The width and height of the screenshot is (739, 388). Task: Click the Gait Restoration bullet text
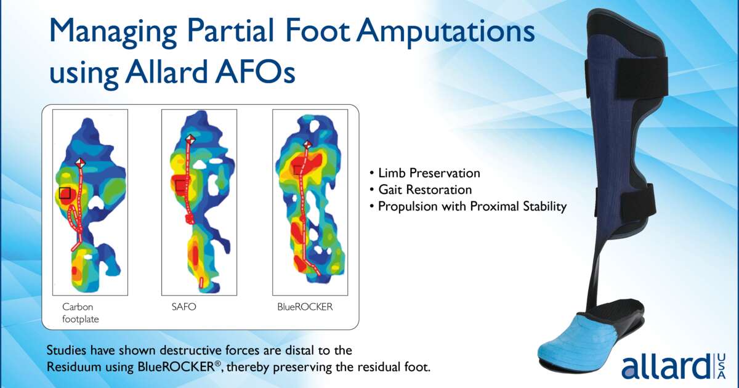point(421,190)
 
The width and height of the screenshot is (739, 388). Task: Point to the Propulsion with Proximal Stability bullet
point(467,207)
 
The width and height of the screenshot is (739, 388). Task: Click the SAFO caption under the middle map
point(184,306)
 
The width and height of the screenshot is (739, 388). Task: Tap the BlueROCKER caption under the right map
point(305,306)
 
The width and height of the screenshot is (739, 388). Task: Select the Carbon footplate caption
point(80,312)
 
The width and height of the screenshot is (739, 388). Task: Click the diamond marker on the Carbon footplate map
point(79,162)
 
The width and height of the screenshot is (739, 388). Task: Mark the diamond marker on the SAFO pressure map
point(191,140)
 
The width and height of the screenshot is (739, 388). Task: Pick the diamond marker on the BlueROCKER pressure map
point(307,145)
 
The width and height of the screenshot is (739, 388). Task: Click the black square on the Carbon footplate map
point(65,193)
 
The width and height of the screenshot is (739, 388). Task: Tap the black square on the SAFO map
point(180,185)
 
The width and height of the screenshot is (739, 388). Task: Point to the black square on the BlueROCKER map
point(299,169)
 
